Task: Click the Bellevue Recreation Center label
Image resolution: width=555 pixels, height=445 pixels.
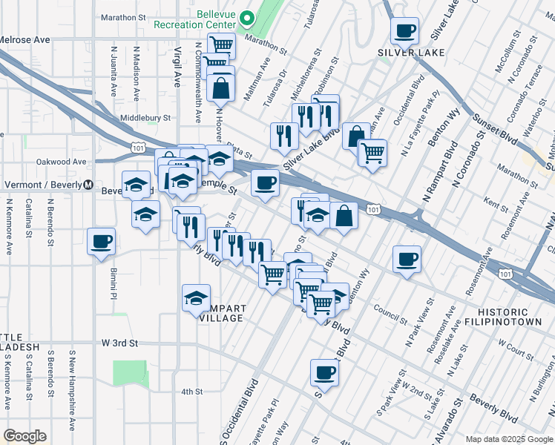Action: [x=200, y=19]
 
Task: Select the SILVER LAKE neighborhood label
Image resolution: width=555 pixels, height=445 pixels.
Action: [x=411, y=53]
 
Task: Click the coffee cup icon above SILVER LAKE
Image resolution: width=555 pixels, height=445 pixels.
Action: [x=404, y=31]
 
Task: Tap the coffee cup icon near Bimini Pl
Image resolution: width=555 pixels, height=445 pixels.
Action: [x=101, y=241]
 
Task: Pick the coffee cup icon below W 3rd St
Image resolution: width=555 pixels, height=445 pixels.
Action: [x=324, y=373]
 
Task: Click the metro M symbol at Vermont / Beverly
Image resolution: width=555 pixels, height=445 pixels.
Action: [x=88, y=185]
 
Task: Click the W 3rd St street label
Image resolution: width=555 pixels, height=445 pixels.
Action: [x=120, y=343]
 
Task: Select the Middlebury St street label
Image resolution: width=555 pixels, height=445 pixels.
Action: [x=145, y=118]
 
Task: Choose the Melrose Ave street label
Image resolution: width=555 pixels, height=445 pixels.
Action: [x=24, y=39]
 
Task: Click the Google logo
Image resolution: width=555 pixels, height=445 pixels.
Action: [x=24, y=436]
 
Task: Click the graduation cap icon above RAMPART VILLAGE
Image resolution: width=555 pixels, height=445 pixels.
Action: [x=196, y=298]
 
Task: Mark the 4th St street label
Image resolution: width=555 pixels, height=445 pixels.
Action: [x=191, y=392]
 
